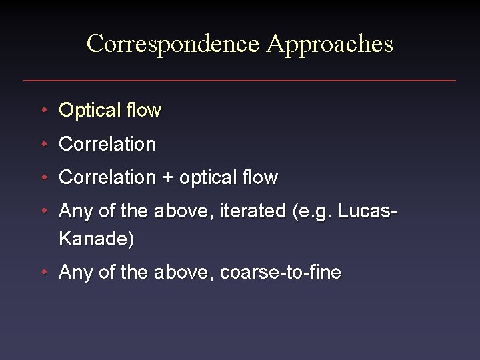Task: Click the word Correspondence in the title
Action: (173, 44)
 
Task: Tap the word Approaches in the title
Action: (330, 44)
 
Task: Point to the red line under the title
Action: (240, 81)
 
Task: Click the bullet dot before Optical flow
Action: (43, 110)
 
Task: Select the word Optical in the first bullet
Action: (87, 110)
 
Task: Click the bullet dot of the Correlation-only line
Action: (43, 144)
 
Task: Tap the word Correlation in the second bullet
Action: (107, 144)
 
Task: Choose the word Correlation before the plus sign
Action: (107, 178)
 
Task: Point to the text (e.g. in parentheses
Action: (313, 212)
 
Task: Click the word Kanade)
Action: (97, 239)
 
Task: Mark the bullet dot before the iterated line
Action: (43, 212)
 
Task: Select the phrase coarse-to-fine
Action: (281, 273)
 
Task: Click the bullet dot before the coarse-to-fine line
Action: (43, 273)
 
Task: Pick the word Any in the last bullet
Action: (75, 273)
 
